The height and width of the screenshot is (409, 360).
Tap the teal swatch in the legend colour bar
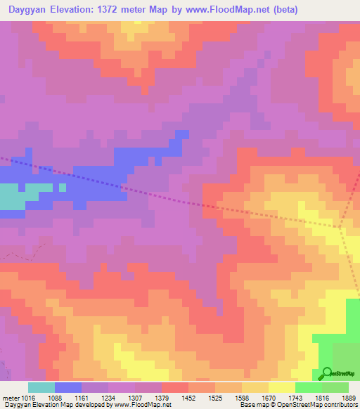[41, 387]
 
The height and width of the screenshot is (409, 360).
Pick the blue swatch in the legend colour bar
[68, 387]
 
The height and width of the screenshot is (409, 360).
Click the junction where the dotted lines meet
[340, 227]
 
